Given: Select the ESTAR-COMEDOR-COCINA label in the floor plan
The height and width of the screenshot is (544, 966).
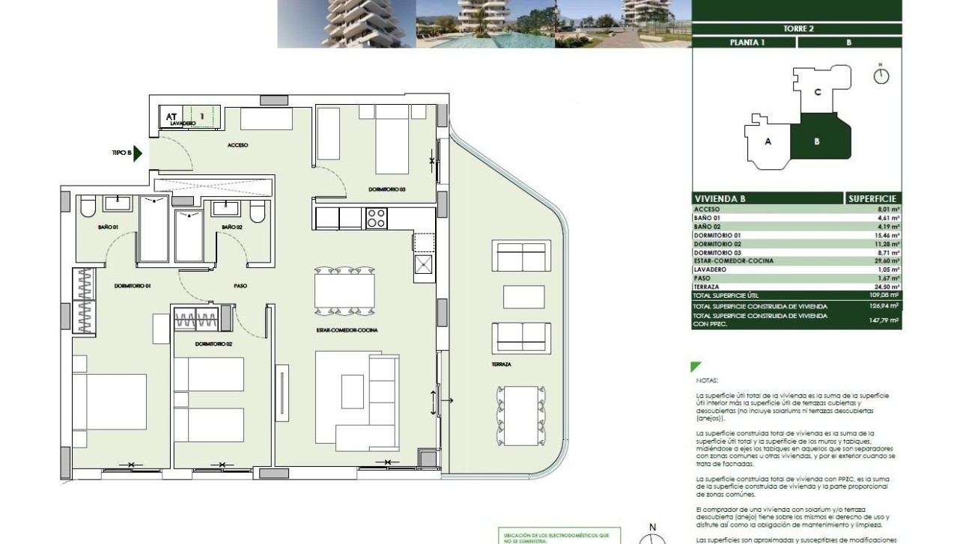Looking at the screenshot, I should [347, 330].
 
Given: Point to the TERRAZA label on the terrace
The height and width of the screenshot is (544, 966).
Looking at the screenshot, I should [502, 364].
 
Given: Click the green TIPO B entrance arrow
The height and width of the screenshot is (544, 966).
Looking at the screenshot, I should [138, 153].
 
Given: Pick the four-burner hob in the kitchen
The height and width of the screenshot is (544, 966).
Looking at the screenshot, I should [375, 218].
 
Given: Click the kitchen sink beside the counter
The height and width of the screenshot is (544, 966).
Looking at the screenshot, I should [424, 266].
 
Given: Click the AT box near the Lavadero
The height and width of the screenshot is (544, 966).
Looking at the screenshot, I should [171, 117].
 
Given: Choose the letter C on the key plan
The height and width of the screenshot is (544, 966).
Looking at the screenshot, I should [818, 92].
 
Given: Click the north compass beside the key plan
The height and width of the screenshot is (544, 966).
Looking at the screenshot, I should [881, 76].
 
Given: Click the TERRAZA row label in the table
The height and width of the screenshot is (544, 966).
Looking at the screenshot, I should [708, 287].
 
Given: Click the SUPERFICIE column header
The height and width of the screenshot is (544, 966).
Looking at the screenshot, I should [872, 199].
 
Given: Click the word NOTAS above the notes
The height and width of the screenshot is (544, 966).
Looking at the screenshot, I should [706, 380].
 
